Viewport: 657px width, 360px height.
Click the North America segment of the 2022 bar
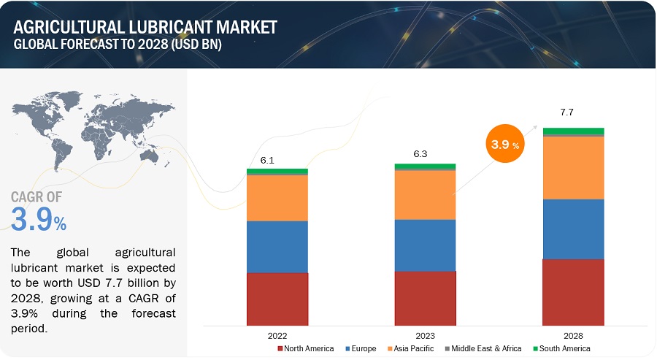(277, 299)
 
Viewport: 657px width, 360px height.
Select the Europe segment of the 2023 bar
(425, 245)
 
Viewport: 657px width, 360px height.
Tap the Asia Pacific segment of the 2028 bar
(573, 167)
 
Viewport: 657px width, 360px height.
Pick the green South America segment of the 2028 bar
(573, 131)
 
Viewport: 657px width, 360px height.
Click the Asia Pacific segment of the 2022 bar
(277, 198)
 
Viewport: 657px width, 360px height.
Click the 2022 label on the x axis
(277, 335)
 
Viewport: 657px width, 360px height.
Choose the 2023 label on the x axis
(425, 335)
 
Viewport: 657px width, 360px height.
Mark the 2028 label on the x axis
(573, 335)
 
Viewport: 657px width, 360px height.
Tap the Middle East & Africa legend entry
(485, 349)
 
